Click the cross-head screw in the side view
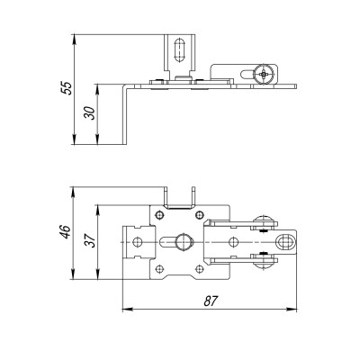(x=262, y=74)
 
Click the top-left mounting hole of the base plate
(x=159, y=214)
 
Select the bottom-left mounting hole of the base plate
(x=159, y=269)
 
